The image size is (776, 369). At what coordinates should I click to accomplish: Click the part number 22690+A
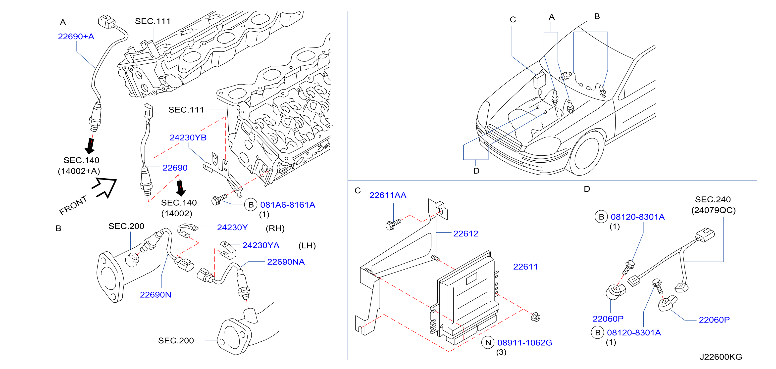[x=76, y=36]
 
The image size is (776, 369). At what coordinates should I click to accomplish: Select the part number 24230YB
[x=188, y=138]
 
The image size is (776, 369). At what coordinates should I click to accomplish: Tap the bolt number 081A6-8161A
[x=288, y=205]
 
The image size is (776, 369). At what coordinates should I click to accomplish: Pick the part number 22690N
[x=155, y=295]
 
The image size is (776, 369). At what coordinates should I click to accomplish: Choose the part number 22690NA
[x=286, y=262]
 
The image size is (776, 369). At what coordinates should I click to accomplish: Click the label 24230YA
[x=261, y=245]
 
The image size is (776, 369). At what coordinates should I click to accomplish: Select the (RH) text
[x=275, y=229]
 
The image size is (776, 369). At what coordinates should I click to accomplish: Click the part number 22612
[x=466, y=233]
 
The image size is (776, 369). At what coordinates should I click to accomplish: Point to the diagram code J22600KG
[x=721, y=357]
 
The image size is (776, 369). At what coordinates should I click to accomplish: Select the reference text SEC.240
[x=713, y=200]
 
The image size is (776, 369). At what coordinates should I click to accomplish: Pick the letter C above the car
[x=513, y=20]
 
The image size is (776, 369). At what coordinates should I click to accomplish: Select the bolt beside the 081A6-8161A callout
[x=219, y=199]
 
